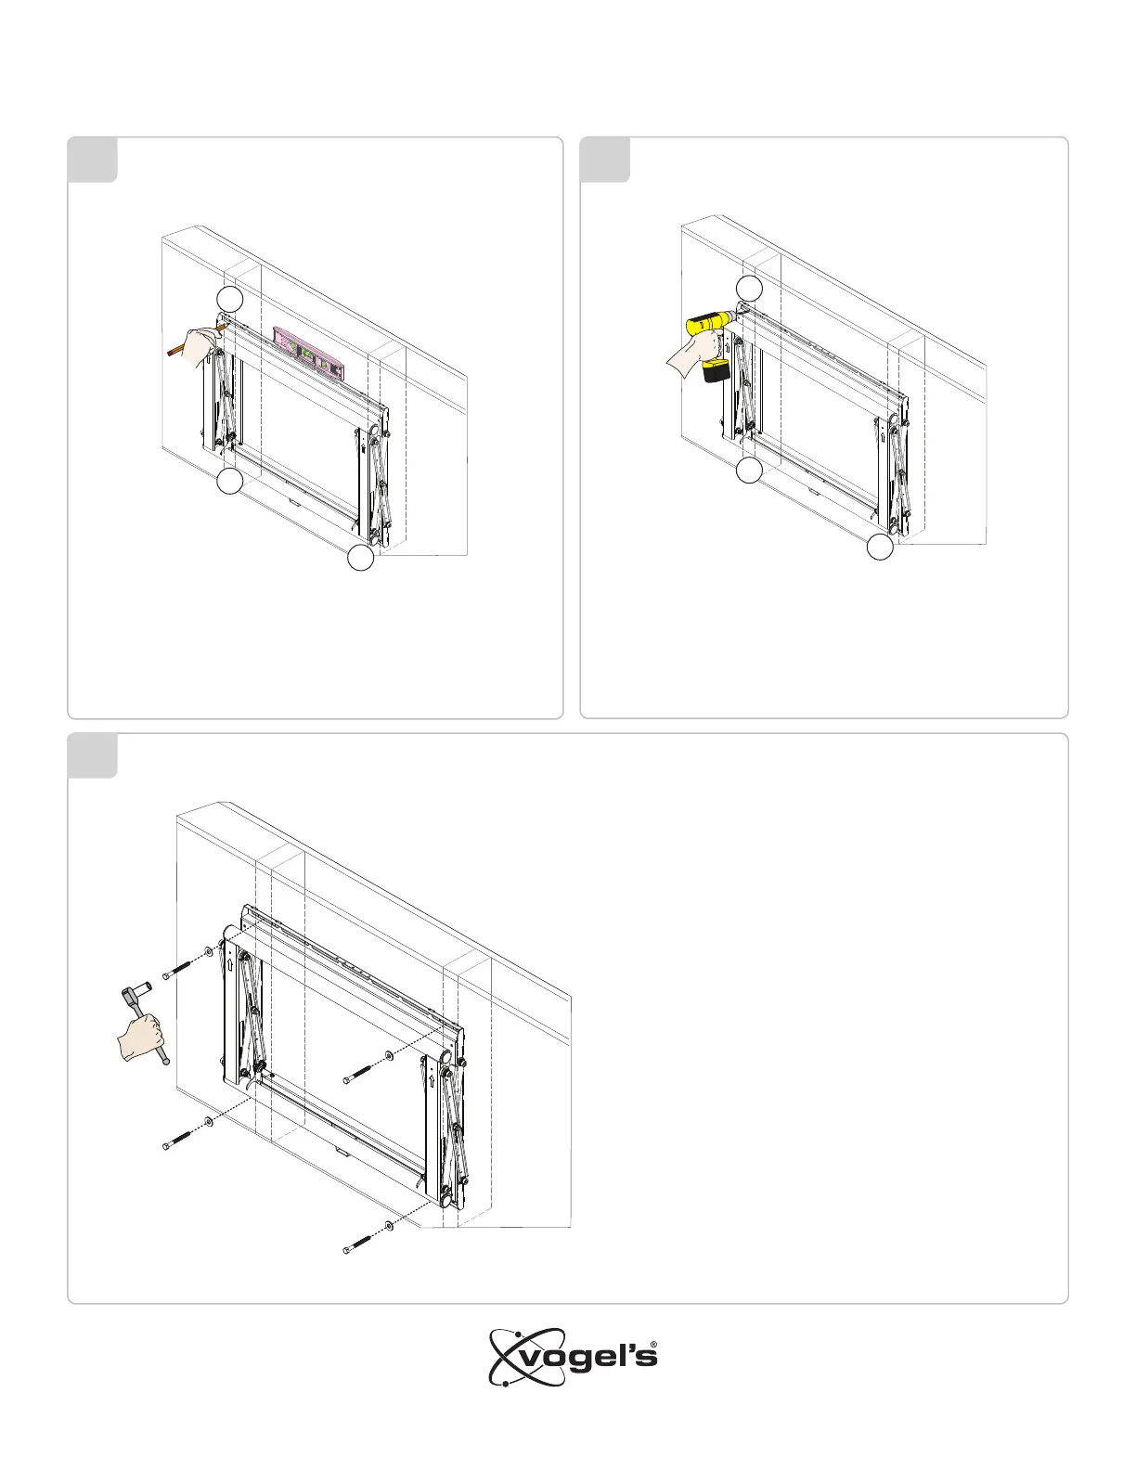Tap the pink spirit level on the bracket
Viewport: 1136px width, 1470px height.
click(x=309, y=352)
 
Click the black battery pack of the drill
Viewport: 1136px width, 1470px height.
click(x=716, y=370)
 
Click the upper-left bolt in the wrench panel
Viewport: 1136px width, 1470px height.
click(x=179, y=968)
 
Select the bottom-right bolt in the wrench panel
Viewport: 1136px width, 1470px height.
click(x=360, y=1244)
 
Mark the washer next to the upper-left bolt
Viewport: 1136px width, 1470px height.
click(x=208, y=952)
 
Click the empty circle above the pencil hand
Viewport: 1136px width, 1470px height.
click(x=230, y=299)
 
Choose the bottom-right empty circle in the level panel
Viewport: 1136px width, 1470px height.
click(x=361, y=558)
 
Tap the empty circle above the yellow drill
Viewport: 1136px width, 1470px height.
click(x=749, y=289)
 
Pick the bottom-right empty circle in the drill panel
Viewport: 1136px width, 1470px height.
click(x=880, y=547)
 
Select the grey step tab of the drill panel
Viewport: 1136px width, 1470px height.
click(x=605, y=160)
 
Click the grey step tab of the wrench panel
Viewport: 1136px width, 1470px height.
click(x=93, y=755)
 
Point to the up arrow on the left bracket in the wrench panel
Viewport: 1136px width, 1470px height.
click(x=231, y=963)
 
